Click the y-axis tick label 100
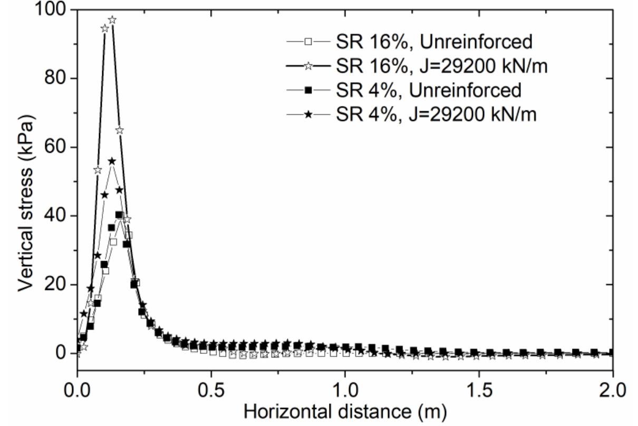tap(49, 10)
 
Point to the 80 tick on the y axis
tap(54, 79)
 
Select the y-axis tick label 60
tap(54, 147)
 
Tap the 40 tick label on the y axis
tap(54, 216)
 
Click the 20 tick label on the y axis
tap(54, 285)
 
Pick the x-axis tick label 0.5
tap(211, 392)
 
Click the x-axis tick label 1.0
tap(345, 392)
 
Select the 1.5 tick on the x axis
tap(479, 392)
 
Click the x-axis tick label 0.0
tap(78, 392)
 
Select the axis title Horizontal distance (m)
tap(345, 412)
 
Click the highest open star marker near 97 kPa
tap(112, 20)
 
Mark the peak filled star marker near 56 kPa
tap(112, 161)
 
